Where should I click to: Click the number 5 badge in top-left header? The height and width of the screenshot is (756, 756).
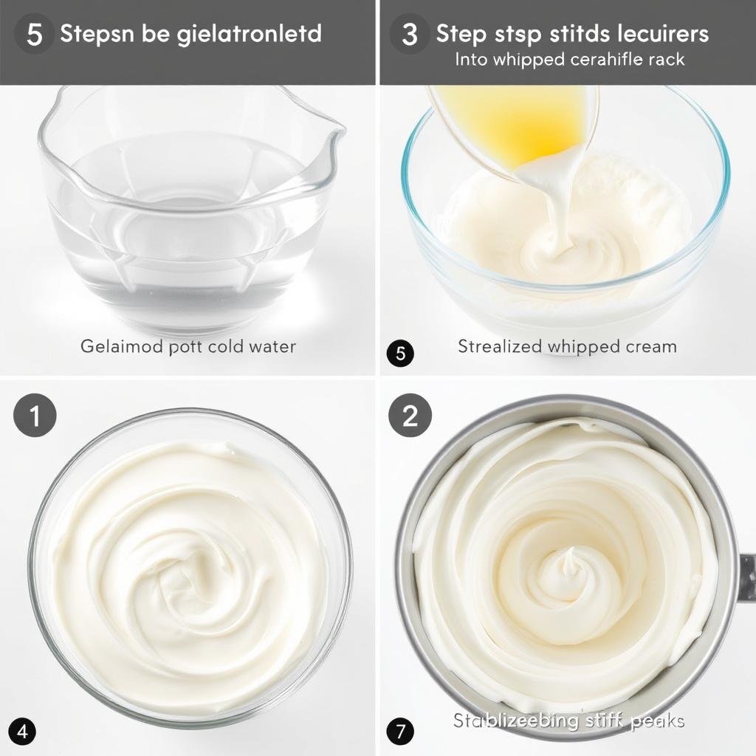tap(34, 35)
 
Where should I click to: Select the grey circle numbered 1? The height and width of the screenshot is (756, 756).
tap(35, 416)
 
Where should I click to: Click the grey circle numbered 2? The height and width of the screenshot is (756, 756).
tap(410, 416)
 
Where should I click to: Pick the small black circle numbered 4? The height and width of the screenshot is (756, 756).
tap(22, 732)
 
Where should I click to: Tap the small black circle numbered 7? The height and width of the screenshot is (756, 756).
tap(399, 732)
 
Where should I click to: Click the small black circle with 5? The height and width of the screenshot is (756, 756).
tap(400, 354)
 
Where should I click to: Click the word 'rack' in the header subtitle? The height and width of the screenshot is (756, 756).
tap(666, 60)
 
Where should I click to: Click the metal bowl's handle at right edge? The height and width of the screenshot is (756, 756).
tap(746, 576)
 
